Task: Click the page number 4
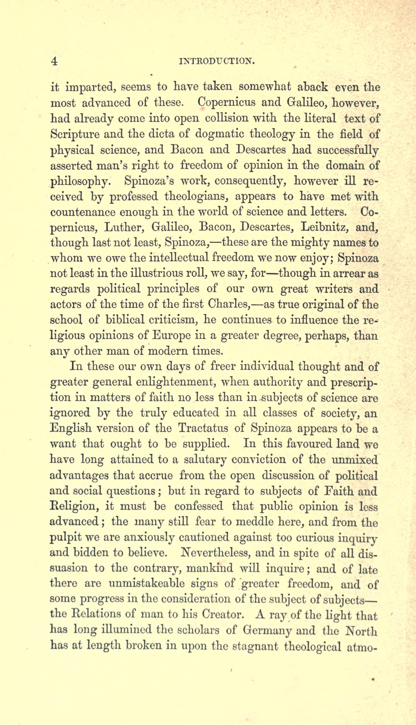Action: coord(54,61)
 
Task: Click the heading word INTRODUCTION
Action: coord(216,61)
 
